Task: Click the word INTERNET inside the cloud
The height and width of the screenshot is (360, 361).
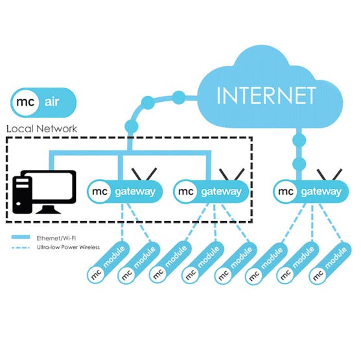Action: [266, 95]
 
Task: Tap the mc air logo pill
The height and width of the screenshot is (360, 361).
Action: [43, 102]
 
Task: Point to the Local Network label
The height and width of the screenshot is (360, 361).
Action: [41, 128]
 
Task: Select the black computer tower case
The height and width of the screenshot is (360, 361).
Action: [22, 195]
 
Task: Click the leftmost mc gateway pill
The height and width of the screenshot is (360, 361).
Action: [125, 192]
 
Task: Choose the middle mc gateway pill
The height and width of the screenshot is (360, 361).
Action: [211, 192]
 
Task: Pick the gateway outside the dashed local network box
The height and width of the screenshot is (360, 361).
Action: [311, 192]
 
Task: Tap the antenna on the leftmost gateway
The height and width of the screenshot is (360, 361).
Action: [144, 174]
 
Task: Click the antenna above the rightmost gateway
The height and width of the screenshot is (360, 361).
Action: [329, 174]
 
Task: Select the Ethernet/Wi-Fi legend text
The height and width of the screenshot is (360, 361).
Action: [56, 238]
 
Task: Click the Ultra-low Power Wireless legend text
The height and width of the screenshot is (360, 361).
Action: [68, 247]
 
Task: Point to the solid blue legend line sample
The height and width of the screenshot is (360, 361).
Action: [21, 237]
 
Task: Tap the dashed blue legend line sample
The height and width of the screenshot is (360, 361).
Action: [21, 248]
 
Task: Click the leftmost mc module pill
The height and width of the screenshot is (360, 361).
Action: [108, 263]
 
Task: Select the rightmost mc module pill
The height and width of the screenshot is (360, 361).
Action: [330, 263]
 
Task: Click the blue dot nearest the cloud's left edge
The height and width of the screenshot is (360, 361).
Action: [178, 98]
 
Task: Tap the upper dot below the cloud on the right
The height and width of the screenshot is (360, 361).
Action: [299, 140]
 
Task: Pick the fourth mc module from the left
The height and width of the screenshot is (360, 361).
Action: [203, 263]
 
